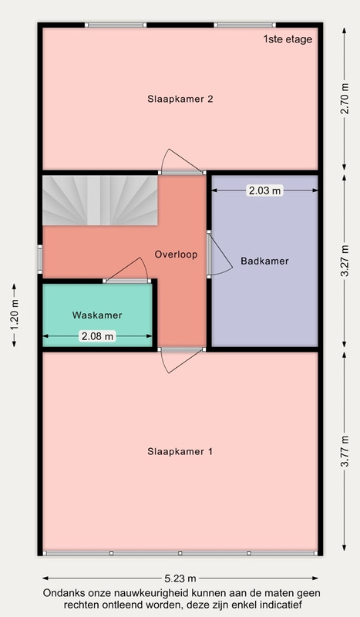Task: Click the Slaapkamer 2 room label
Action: pyautogui.click(x=180, y=99)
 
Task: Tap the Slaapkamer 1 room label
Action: pyautogui.click(x=180, y=451)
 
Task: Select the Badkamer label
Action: pyautogui.click(x=264, y=261)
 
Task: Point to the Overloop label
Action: pyautogui.click(x=176, y=255)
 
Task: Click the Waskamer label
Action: pyautogui.click(x=97, y=315)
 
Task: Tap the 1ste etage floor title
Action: pyautogui.click(x=288, y=39)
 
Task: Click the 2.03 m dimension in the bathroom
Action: pyautogui.click(x=264, y=190)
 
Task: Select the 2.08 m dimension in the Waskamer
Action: pyautogui.click(x=97, y=336)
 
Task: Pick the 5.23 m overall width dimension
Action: pyautogui.click(x=180, y=578)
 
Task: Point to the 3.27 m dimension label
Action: pyautogui.click(x=345, y=261)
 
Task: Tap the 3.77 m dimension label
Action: pyautogui.click(x=345, y=451)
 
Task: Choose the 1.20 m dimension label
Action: pyautogui.click(x=15, y=315)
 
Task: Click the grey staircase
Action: pyautogui.click(x=100, y=201)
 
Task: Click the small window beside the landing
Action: pyautogui.click(x=40, y=259)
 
